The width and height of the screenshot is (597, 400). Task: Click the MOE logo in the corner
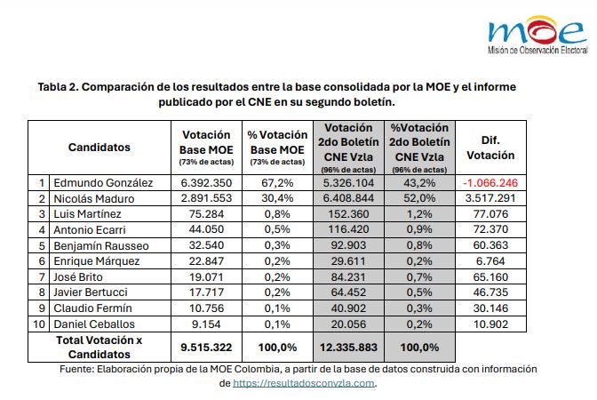coord(537,35)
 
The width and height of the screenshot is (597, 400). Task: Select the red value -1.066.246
coord(490,183)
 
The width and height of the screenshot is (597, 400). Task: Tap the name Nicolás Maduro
coord(93,198)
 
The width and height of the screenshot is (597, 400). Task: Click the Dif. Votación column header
coord(490,148)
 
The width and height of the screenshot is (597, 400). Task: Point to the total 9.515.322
coord(206,348)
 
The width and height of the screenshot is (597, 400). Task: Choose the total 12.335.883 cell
coord(348,348)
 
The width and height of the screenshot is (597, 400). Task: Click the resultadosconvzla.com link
coord(304,383)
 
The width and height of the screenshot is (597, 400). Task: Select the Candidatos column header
coord(99,148)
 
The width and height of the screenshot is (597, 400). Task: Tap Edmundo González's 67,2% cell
coord(277,183)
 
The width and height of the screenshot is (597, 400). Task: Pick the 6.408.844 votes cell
coord(348,198)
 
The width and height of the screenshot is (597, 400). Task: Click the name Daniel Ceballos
coord(94,324)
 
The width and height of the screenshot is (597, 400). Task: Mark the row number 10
coord(39,324)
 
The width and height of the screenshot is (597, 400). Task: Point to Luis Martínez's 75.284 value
coord(206,214)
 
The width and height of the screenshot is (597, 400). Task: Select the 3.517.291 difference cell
coord(490,198)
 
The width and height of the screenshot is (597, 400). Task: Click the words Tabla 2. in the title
coord(59,87)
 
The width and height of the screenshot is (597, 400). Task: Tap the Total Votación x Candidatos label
coord(99,347)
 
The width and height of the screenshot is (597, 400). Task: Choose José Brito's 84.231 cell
coord(348,277)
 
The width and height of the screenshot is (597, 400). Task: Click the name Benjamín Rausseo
coord(101,245)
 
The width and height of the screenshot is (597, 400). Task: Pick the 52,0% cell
coord(419,198)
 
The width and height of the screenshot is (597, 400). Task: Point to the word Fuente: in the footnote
coord(76,369)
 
